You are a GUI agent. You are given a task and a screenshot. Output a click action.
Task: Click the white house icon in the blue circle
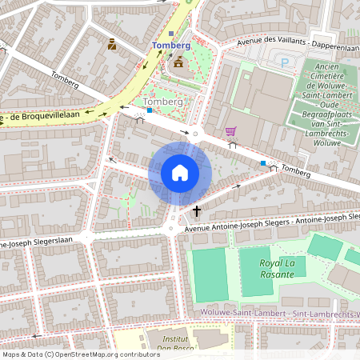[x=180, y=173]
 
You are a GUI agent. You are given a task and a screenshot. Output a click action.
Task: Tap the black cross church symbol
[x=197, y=211]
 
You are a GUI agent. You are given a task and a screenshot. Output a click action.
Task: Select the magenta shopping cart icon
[x=231, y=131]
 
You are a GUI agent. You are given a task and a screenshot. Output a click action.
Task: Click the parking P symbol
[x=284, y=62]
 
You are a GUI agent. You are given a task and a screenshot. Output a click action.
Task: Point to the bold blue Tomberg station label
[x=171, y=46]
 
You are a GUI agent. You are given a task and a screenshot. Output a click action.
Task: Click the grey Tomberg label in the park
[x=158, y=102]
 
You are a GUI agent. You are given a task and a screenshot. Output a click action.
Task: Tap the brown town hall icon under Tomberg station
[x=178, y=61]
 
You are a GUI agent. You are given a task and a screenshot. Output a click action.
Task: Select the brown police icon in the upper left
[x=112, y=45]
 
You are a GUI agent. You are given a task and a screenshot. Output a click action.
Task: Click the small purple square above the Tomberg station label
[x=171, y=34]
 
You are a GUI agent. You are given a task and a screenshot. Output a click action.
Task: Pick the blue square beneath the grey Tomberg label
[x=149, y=111]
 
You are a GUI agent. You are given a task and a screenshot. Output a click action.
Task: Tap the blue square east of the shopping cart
[x=263, y=163]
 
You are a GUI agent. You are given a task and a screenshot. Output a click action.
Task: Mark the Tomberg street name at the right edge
[x=295, y=171]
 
